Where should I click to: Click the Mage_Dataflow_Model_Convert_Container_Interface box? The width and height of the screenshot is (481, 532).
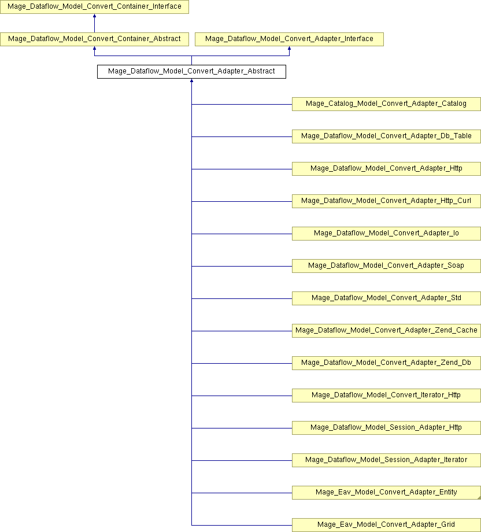pos(94,7)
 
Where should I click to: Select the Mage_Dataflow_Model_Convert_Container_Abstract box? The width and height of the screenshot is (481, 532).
pos(94,39)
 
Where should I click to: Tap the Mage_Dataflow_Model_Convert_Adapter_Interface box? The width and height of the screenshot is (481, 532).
pos(289,39)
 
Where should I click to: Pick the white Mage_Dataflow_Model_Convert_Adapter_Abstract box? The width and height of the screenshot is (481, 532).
pos(192,72)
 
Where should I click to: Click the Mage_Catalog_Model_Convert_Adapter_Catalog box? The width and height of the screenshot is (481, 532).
pos(386,104)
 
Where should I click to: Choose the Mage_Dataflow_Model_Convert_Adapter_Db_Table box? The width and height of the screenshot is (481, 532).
pos(386,136)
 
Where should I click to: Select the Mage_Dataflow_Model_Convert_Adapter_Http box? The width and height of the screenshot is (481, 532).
pos(386,169)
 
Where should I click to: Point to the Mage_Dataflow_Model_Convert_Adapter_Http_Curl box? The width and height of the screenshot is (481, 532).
pos(386,201)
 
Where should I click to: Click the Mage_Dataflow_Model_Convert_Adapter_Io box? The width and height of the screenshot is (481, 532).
pos(386,234)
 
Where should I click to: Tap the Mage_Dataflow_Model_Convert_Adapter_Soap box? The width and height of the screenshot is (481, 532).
pos(386,265)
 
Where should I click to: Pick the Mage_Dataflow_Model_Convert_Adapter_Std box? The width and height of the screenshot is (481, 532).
pos(386,298)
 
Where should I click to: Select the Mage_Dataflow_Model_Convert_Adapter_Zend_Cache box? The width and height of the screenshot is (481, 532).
pos(386,330)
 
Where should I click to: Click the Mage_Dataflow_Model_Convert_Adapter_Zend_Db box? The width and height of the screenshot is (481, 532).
pos(386,363)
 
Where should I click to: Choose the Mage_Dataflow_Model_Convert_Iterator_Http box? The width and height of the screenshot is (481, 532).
pos(386,396)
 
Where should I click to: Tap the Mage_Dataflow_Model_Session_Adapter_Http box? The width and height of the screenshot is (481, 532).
pos(386,428)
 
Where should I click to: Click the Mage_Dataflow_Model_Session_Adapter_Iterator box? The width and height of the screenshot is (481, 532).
pos(386,460)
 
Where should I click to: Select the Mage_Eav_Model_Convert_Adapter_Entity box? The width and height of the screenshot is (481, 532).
pos(386,492)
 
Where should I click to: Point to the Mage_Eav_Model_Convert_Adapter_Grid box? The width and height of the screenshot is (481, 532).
pos(386,525)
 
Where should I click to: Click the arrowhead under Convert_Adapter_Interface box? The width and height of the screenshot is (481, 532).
pos(289,48)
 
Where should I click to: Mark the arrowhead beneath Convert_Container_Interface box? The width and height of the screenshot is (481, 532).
pos(94,16)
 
